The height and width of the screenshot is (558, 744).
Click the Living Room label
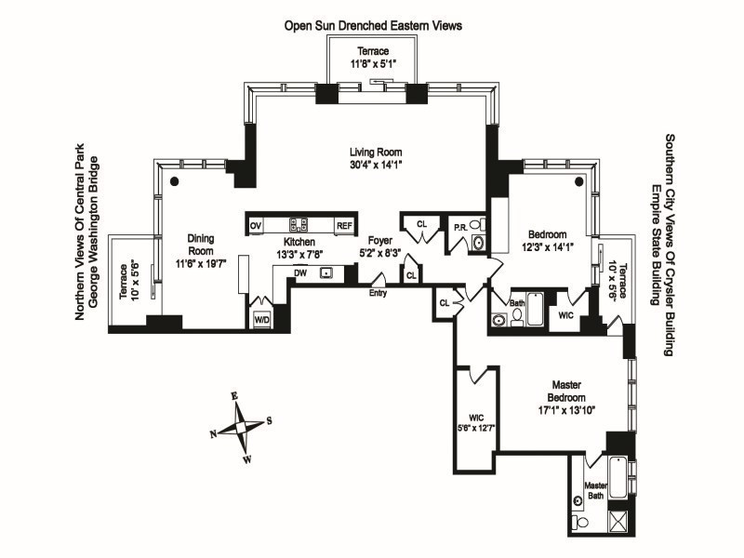pyautogui.click(x=376, y=153)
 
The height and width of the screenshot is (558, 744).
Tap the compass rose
pyautogui.click(x=241, y=427)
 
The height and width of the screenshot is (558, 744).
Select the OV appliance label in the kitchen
pyautogui.click(x=256, y=225)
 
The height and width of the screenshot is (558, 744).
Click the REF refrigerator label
pyautogui.click(x=344, y=225)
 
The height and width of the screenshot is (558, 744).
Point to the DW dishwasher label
pyautogui.click(x=299, y=272)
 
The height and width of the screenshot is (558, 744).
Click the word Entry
pyautogui.click(x=379, y=293)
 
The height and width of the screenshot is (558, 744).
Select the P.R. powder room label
pyautogui.click(x=459, y=226)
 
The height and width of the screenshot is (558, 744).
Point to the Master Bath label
pyautogui.click(x=595, y=490)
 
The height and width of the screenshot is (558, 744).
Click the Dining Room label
pyautogui.click(x=201, y=244)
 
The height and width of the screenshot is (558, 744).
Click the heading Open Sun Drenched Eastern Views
pyautogui.click(x=372, y=25)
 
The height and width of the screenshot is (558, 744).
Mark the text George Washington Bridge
pyautogui.click(x=93, y=243)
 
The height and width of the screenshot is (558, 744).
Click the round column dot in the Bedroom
pyautogui.click(x=578, y=181)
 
